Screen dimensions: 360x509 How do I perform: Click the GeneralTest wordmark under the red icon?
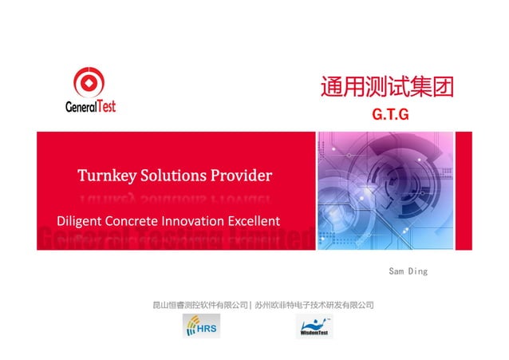[90, 105]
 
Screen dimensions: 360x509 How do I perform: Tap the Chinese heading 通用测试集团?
[387, 87]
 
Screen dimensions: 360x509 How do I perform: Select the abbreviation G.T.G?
[390, 115]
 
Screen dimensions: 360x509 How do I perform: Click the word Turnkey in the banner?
[107, 175]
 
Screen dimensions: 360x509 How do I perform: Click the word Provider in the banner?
[245, 175]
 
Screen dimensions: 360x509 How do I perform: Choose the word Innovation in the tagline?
[195, 220]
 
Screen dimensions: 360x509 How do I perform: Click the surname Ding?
[419, 271]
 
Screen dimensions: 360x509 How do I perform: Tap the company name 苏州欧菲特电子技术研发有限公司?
[314, 305]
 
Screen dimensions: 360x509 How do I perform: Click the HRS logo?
[202, 326]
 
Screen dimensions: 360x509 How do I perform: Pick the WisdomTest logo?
[316, 326]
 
